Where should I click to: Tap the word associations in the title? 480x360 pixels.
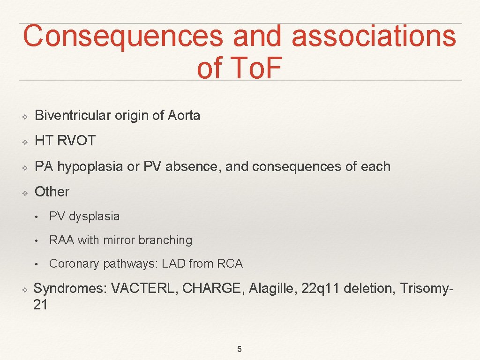[374, 37]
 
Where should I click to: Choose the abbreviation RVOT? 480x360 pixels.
[76, 141]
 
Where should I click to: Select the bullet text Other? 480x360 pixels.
[52, 192]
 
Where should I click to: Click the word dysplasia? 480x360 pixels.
[94, 217]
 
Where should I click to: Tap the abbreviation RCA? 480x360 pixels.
[230, 264]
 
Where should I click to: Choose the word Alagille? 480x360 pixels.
[273, 288]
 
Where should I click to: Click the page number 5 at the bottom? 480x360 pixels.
[240, 349]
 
